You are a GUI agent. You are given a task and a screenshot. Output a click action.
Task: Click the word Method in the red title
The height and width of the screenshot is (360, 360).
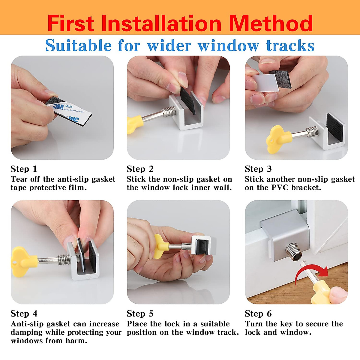(271, 23)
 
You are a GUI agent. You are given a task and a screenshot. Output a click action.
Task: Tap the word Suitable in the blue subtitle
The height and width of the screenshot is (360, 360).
(78, 46)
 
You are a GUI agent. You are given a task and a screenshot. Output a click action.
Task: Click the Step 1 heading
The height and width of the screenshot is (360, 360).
(24, 169)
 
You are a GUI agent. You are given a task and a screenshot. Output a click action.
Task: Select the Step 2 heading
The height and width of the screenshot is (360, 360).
(140, 169)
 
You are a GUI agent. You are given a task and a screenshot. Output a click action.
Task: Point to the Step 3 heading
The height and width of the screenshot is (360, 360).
(258, 169)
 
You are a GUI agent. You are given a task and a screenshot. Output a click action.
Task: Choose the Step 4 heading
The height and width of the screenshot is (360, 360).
(24, 313)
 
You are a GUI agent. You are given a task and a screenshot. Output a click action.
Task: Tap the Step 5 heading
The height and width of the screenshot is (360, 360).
(140, 313)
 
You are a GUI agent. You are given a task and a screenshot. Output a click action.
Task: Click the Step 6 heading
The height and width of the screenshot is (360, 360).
(258, 313)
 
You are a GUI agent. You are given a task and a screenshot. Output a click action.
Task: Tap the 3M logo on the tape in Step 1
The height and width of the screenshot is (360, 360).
(58, 106)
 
